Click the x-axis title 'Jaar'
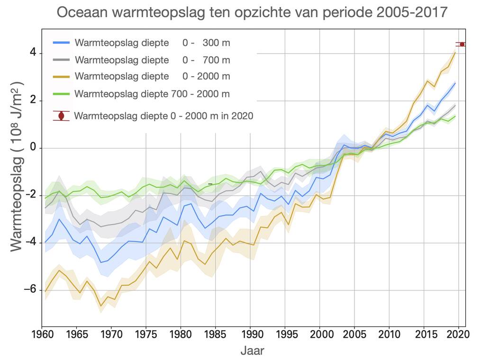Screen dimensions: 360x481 pyautogui.click(x=252, y=351)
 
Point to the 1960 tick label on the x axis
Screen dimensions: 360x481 pyautogui.click(x=42, y=334)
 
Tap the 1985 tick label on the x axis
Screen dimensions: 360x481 pyautogui.click(x=216, y=334)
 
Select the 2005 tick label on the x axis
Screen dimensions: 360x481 pyautogui.click(x=354, y=334)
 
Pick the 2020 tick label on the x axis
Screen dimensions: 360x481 pyautogui.click(x=458, y=334)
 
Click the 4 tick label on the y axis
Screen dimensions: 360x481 pyautogui.click(x=32, y=53)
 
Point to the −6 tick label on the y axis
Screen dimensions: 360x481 pyautogui.click(x=29, y=290)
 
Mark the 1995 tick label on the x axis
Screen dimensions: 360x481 pyautogui.click(x=285, y=334)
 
